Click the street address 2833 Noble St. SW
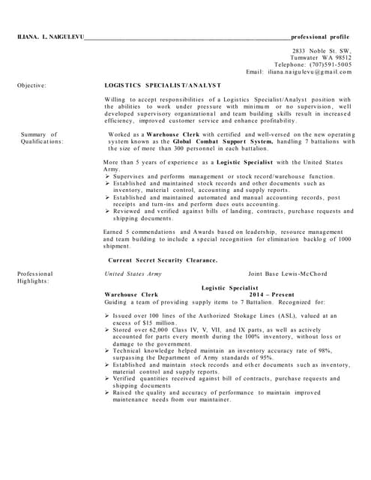(x=322, y=49)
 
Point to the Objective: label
(x=31, y=85)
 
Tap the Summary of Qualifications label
(x=41, y=137)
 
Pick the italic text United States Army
(x=133, y=274)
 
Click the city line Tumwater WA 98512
(x=323, y=57)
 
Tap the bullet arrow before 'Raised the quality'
(x=107, y=392)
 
